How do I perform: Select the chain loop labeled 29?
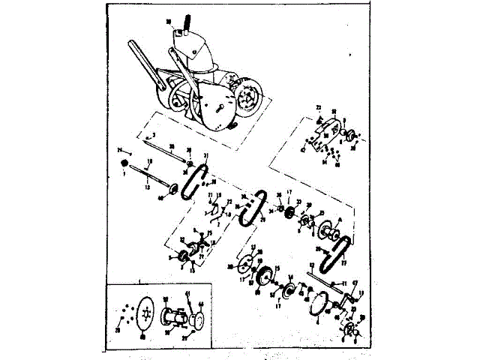[x=252, y=208]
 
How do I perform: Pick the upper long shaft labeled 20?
[x=169, y=155]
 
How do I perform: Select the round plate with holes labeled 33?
[x=245, y=267]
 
